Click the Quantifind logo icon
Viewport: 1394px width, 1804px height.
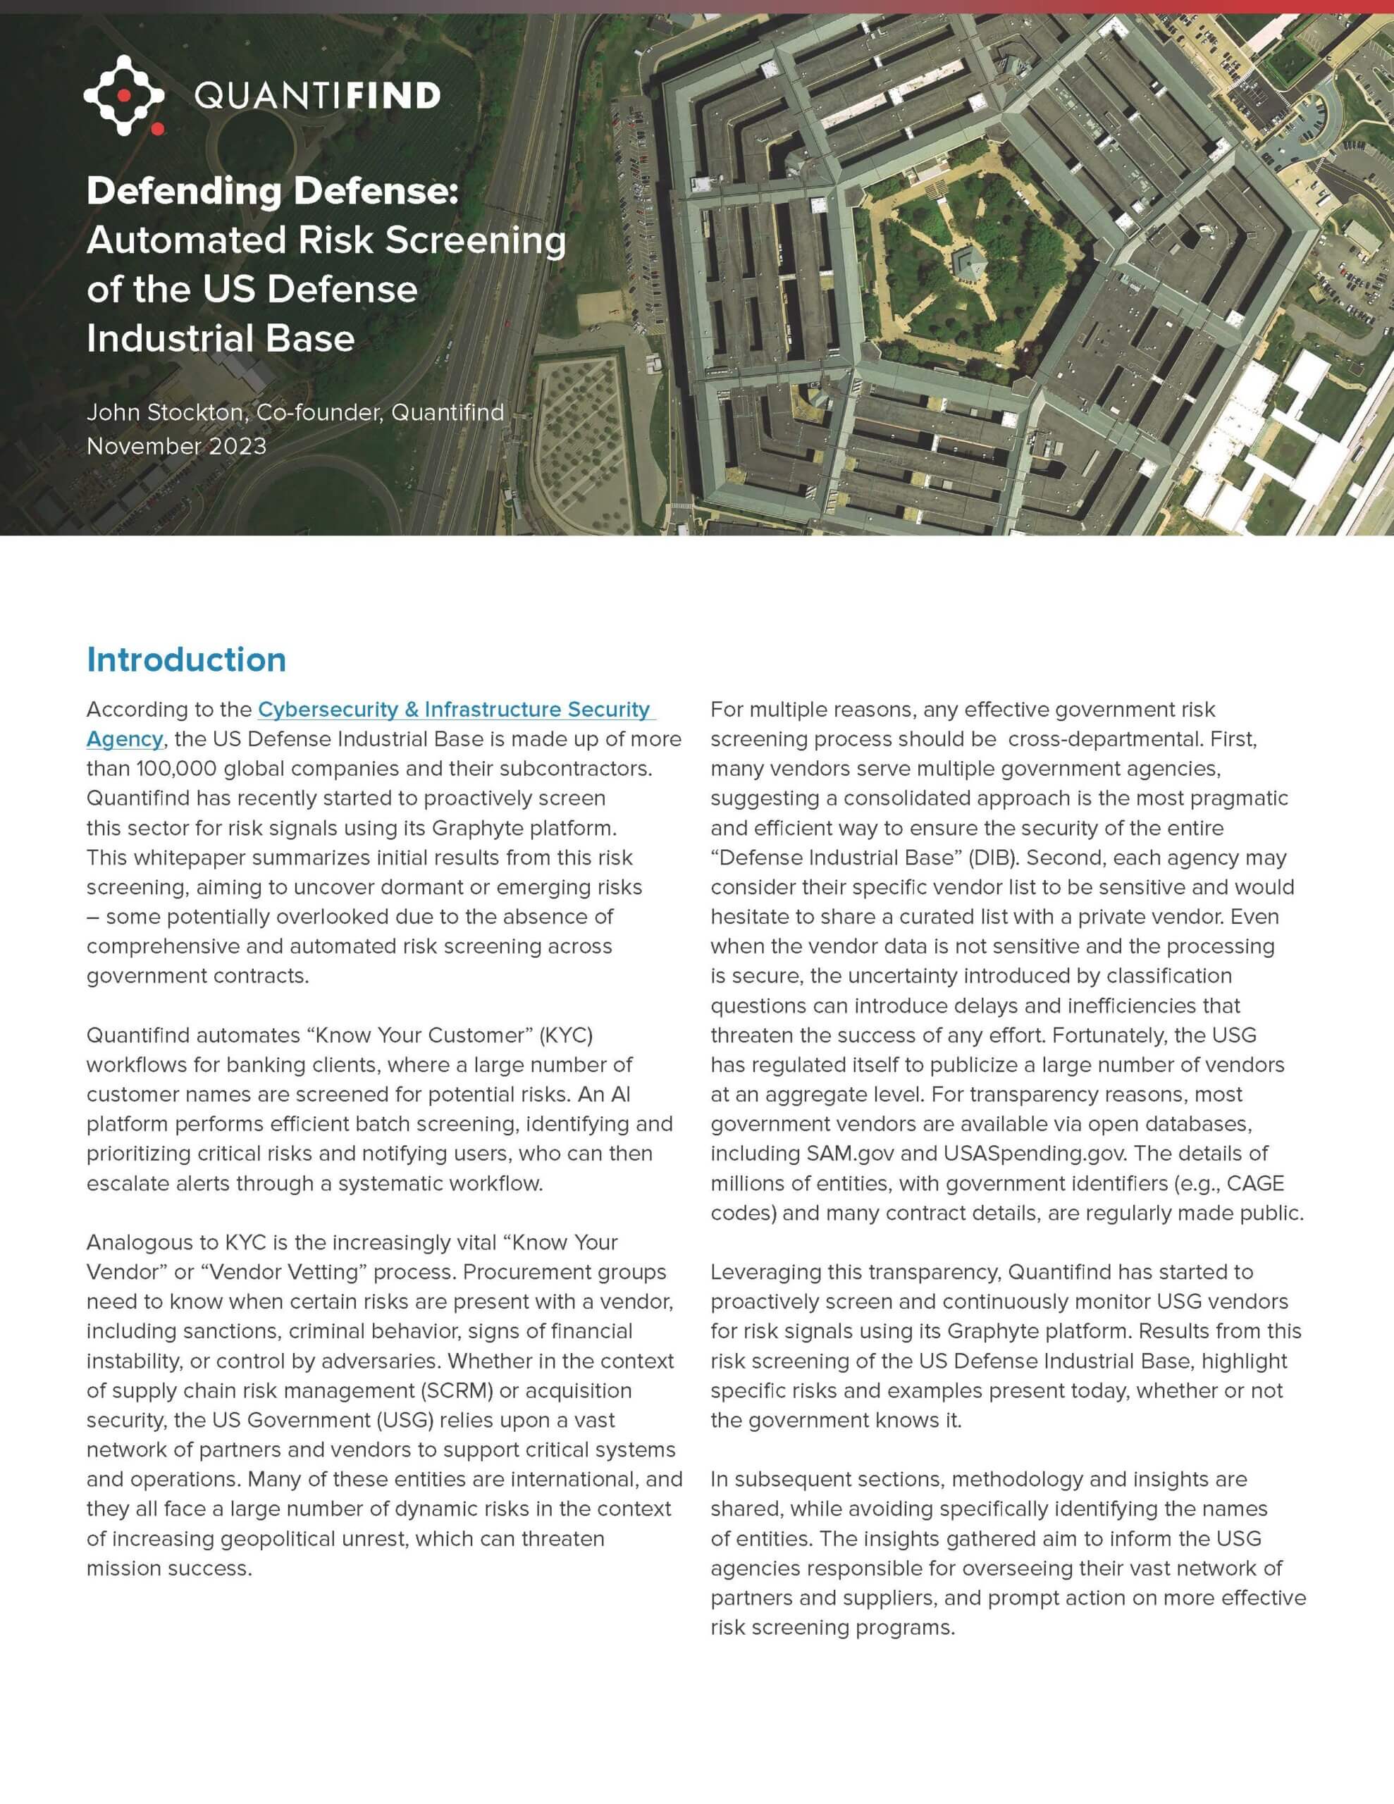[124, 95]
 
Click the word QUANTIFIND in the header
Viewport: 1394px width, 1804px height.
[317, 96]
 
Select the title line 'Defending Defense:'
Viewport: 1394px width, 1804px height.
[272, 191]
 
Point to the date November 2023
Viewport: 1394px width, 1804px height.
[176, 446]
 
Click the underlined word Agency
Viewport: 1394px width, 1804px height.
[124, 739]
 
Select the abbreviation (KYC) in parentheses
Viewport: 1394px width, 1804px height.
[565, 1035]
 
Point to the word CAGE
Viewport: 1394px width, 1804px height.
[1255, 1183]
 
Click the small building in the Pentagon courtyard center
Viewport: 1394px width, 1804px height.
[968, 264]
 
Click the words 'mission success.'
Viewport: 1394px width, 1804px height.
[168, 1568]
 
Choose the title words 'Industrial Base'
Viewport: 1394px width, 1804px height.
[221, 339]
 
